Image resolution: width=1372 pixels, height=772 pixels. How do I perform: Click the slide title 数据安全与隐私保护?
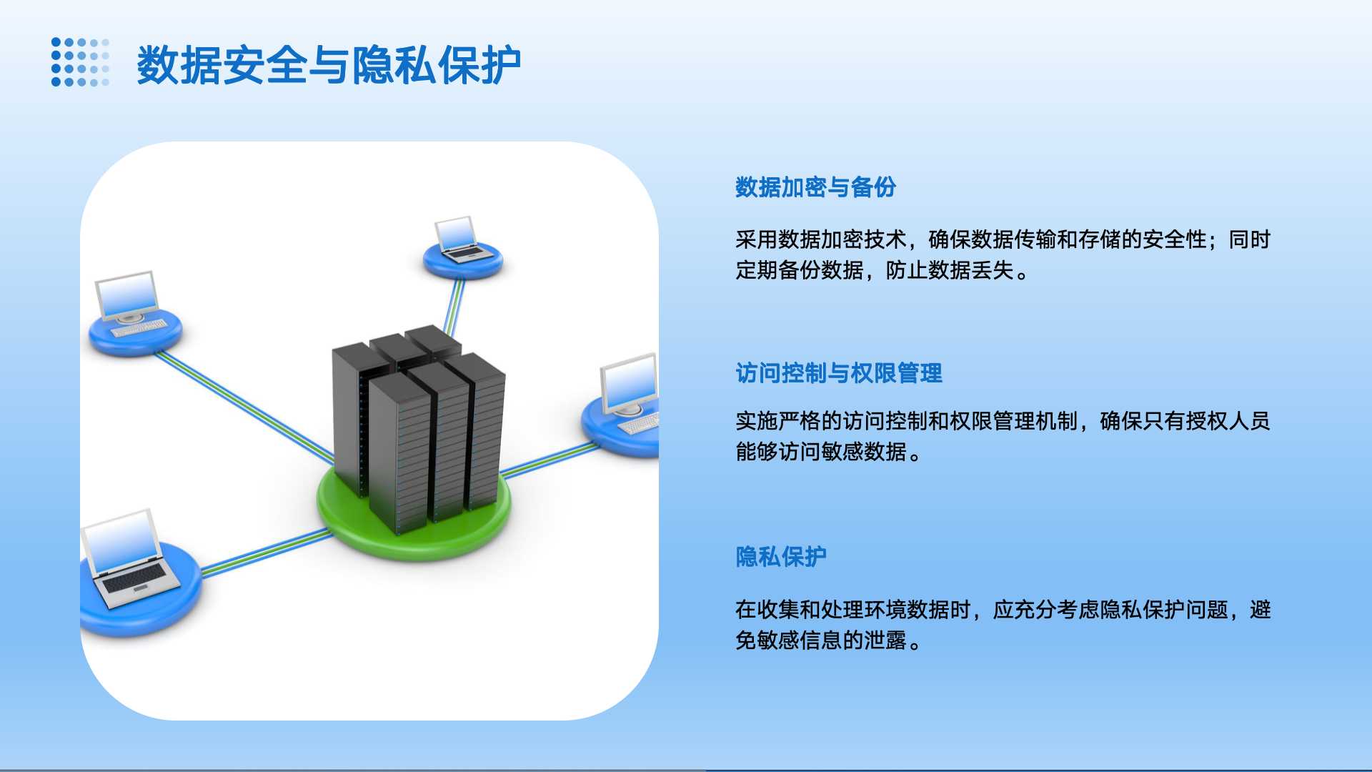tap(329, 65)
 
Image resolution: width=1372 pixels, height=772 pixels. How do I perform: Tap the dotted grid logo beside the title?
tap(80, 62)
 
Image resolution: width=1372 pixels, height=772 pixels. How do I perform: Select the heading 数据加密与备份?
tap(815, 187)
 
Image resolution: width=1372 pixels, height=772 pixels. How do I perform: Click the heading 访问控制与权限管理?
tap(839, 373)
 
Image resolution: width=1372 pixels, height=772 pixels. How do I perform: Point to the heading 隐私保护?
tap(781, 557)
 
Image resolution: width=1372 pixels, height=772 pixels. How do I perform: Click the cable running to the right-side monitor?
tap(550, 459)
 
